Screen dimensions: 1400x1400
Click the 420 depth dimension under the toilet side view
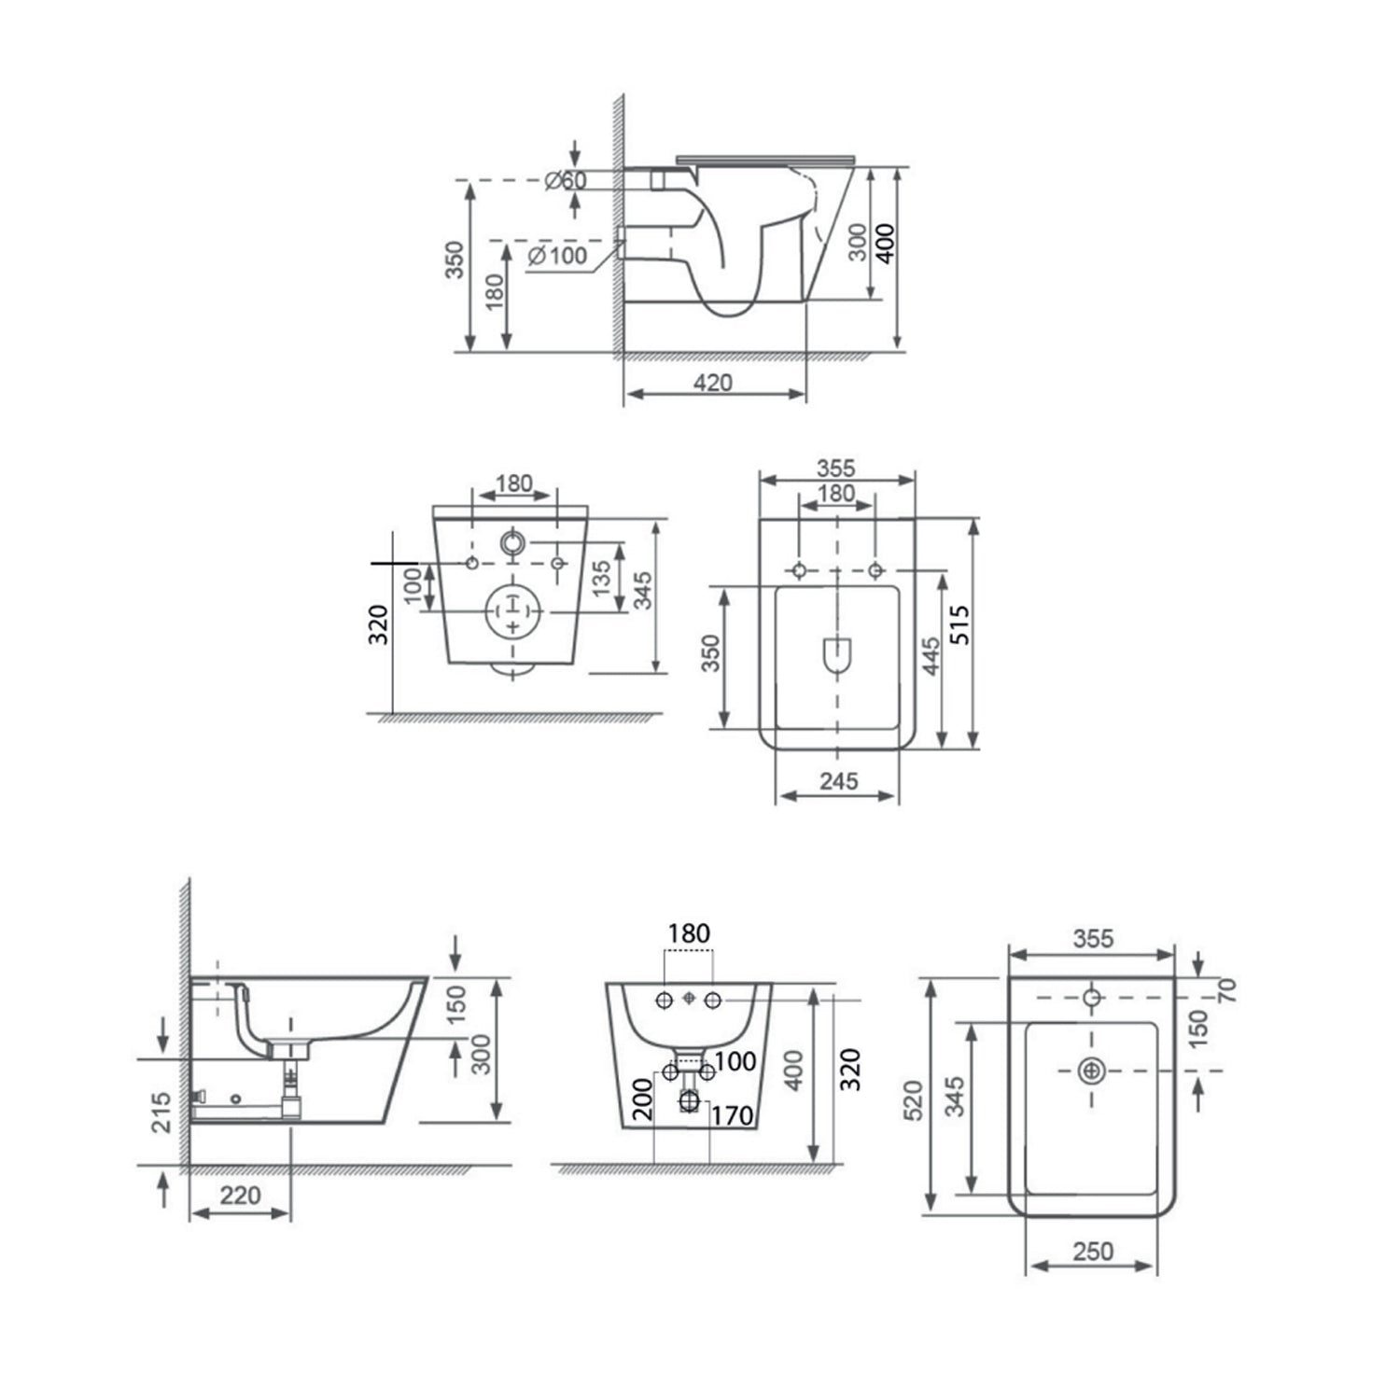point(714,383)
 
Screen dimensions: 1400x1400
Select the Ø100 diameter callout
point(557,254)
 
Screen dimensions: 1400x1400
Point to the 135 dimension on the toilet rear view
point(602,580)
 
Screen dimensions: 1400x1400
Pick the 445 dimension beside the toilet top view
point(929,658)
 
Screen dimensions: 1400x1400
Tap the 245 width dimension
point(838,781)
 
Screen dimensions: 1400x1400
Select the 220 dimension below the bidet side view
point(240,1196)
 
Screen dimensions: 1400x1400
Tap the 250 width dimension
point(1093,1251)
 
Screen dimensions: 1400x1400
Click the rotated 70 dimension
point(1228,990)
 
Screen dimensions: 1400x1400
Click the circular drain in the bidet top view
point(1091,1071)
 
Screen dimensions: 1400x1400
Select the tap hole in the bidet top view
point(1091,998)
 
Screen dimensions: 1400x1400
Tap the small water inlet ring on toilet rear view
point(512,541)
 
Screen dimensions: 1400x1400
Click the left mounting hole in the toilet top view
point(799,569)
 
